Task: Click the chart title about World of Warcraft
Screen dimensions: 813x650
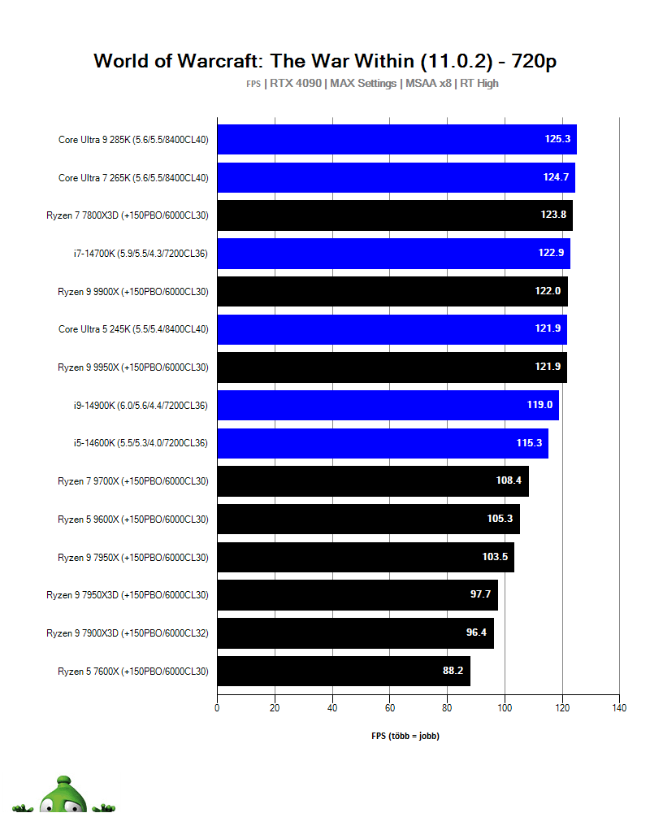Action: [x=325, y=61]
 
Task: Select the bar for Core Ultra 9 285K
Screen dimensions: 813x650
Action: [x=396, y=139]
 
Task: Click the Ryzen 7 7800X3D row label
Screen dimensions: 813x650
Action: [x=128, y=215]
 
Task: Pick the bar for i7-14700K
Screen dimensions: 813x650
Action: [x=393, y=253]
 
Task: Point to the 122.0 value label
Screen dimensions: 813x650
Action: [x=551, y=291]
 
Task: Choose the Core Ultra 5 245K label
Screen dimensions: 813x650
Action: [x=133, y=328]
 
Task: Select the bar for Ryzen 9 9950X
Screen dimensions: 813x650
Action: [x=392, y=367]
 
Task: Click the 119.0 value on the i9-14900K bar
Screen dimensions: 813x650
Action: [x=539, y=404]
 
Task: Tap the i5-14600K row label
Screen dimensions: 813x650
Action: [x=141, y=442]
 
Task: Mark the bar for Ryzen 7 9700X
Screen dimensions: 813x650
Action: [x=373, y=480]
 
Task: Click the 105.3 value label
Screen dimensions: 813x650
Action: [x=500, y=519]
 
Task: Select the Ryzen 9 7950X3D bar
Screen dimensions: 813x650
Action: [x=357, y=594]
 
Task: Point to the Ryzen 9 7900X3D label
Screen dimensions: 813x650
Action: [x=128, y=633]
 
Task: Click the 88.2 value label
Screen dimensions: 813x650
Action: [x=453, y=671]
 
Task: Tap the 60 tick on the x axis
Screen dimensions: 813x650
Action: [x=389, y=708]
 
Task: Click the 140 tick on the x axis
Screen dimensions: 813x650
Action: [x=618, y=708]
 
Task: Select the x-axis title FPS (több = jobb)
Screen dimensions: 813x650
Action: [x=405, y=736]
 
